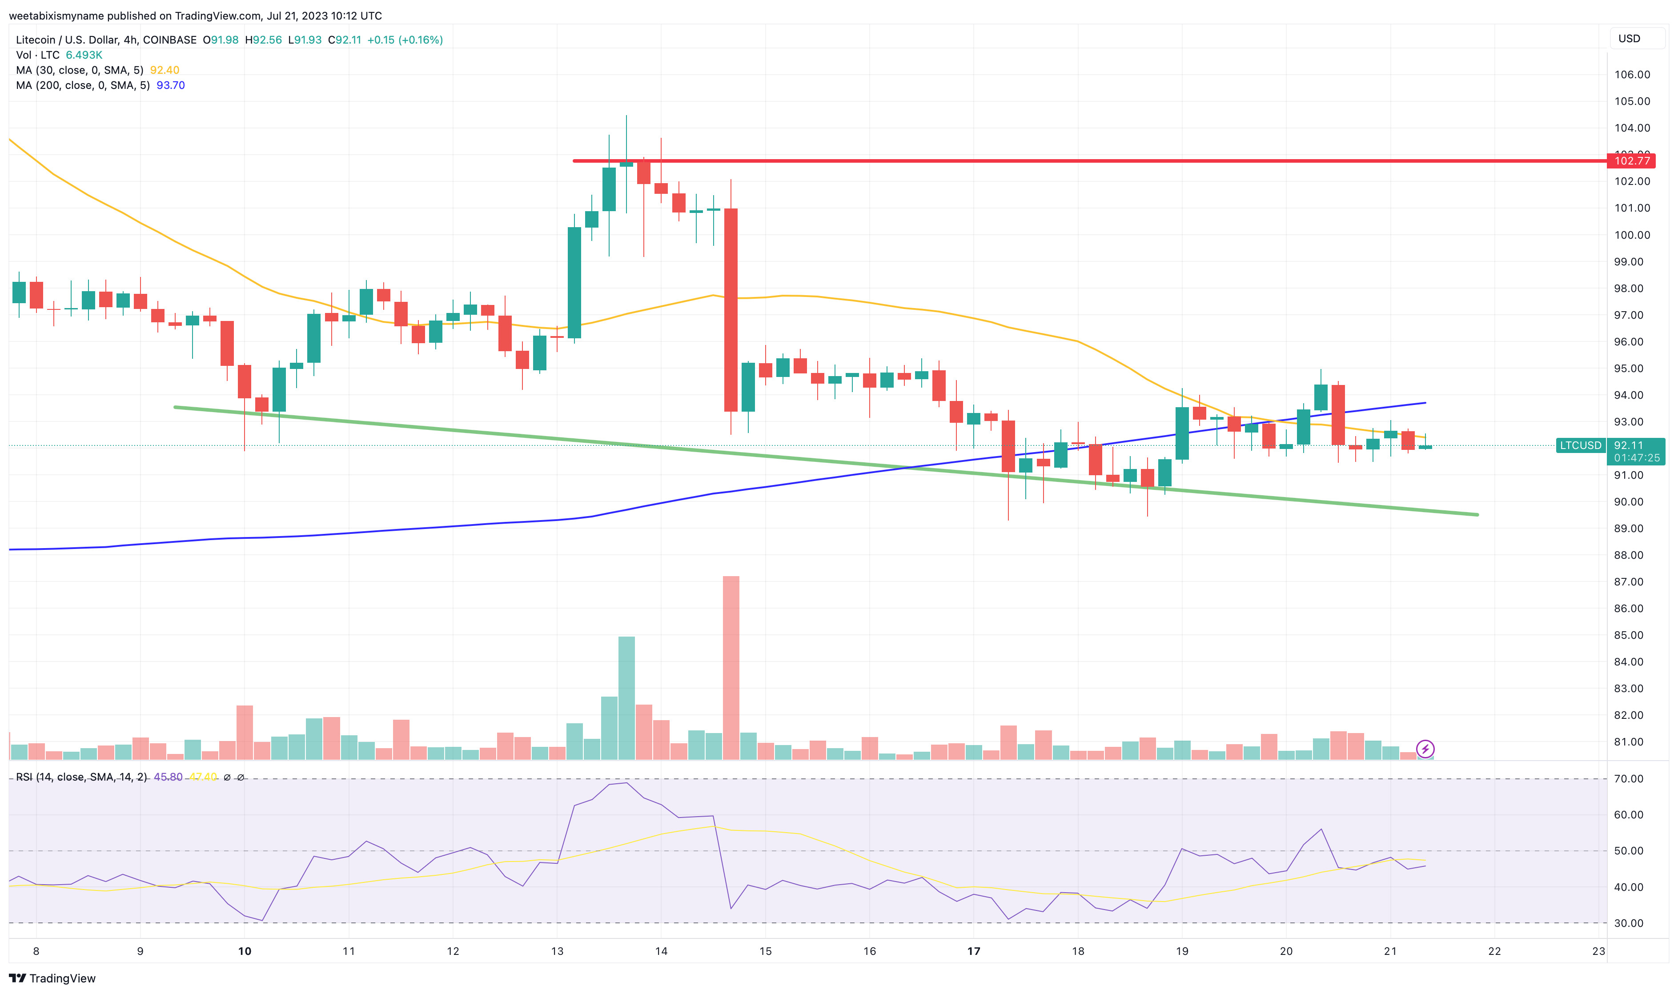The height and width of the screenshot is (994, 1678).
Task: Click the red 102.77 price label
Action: pos(1631,161)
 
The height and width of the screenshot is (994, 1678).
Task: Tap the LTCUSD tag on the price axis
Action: pos(1580,445)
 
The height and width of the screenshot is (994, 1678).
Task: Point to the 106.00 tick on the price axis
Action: pos(1632,74)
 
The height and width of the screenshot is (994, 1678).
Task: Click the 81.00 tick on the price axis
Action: pos(1629,741)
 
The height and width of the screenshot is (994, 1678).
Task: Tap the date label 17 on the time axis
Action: pos(973,951)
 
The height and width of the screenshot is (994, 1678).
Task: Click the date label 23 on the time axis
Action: pos(1598,951)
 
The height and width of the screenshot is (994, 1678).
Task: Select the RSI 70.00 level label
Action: pos(1629,778)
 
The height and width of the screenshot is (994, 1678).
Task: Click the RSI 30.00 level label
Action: pos(1629,923)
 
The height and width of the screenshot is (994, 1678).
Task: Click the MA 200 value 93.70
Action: pos(170,85)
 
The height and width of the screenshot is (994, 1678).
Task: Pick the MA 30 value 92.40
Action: pos(164,70)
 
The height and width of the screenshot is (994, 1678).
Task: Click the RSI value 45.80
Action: pos(168,777)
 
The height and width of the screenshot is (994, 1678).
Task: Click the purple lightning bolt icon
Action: pos(1425,749)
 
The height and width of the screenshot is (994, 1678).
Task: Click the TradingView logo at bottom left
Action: pos(52,978)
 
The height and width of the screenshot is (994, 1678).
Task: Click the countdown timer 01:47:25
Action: pos(1637,458)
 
